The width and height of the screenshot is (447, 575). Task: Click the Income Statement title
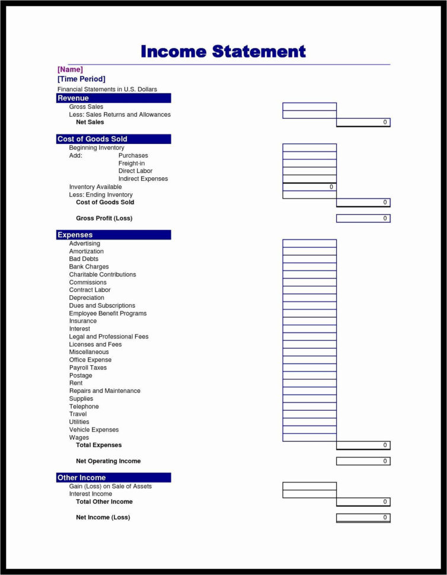pyautogui.click(x=223, y=52)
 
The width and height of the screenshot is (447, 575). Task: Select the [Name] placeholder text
pyautogui.click(x=70, y=69)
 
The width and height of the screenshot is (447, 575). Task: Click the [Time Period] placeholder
pyautogui.click(x=81, y=79)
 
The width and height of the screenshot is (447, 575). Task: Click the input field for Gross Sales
pyautogui.click(x=309, y=107)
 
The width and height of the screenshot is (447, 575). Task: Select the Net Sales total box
pyautogui.click(x=363, y=122)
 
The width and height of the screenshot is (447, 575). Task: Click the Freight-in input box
pyautogui.click(x=309, y=163)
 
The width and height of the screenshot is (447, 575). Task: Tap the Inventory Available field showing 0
pyautogui.click(x=309, y=187)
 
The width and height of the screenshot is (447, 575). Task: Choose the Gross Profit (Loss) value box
pyautogui.click(x=363, y=218)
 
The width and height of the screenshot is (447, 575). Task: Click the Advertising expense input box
pyautogui.click(x=309, y=243)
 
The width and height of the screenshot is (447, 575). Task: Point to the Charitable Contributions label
pyautogui.click(x=103, y=274)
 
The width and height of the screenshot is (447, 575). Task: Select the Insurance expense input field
pyautogui.click(x=309, y=321)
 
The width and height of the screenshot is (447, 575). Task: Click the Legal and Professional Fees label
pyautogui.click(x=108, y=337)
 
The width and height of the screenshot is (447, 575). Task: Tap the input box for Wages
pyautogui.click(x=309, y=437)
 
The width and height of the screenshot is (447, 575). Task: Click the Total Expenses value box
pyautogui.click(x=363, y=445)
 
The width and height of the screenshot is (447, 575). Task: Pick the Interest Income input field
pyautogui.click(x=309, y=494)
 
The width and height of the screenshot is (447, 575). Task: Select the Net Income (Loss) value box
pyautogui.click(x=363, y=517)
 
